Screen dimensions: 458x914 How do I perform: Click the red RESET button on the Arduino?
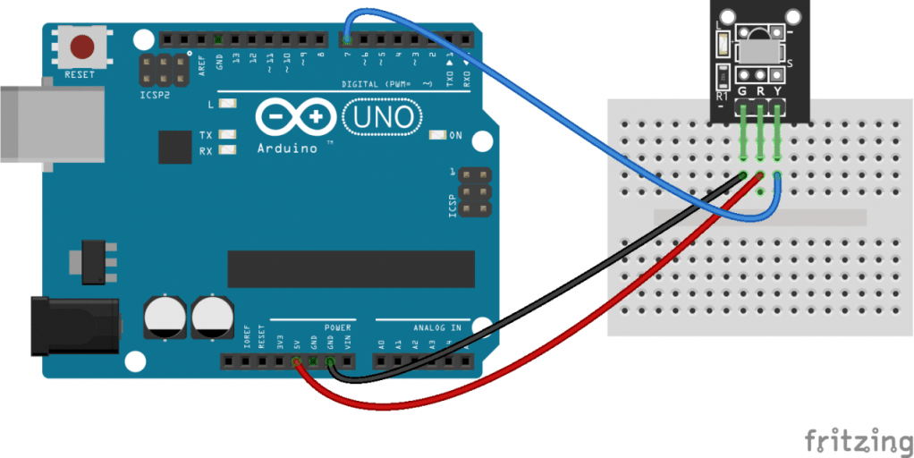tap(83, 46)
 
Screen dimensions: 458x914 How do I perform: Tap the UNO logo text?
tap(380, 116)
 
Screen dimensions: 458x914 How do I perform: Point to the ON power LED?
tap(437, 135)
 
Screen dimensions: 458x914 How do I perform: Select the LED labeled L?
tap(227, 104)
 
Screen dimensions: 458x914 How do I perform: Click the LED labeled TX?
tap(227, 135)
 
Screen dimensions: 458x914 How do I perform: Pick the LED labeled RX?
tap(227, 150)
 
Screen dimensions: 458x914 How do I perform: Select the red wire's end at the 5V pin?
tap(296, 361)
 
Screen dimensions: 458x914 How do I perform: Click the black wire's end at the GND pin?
tap(331, 361)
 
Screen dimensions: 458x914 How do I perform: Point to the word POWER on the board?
tap(338, 328)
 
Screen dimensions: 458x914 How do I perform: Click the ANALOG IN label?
tap(436, 328)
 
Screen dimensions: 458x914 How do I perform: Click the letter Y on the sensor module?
tap(779, 91)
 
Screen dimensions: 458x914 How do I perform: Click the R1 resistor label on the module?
tap(723, 94)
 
